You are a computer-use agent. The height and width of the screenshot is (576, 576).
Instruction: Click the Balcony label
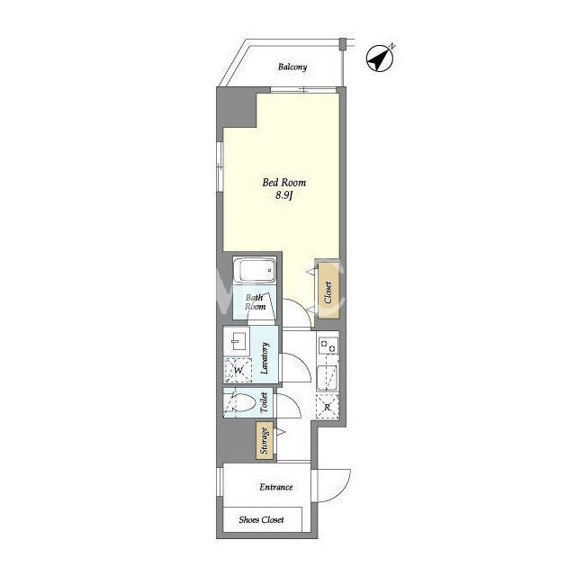point(292,67)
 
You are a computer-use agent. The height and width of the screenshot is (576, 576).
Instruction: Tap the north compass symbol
point(380,58)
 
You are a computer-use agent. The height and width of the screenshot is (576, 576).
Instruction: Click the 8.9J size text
point(284,195)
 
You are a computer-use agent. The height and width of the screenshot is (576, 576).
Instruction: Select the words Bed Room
point(284,183)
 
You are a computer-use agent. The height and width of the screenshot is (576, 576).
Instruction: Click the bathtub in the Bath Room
point(255,270)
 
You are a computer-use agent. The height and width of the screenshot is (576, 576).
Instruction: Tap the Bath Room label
point(255,302)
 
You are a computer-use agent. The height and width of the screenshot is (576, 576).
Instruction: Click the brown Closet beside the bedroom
point(328,290)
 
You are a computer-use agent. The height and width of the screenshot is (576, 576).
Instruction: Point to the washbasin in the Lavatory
point(236,341)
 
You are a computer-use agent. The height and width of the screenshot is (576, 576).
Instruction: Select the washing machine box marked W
point(238,370)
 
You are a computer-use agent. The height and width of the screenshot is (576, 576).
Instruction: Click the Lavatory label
point(265,357)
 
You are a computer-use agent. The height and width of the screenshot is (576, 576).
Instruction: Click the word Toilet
point(264,402)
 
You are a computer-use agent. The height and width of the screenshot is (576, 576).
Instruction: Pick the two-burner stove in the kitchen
point(328,346)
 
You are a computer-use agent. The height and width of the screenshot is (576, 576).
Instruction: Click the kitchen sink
point(328,378)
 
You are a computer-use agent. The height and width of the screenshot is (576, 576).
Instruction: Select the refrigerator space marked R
point(328,406)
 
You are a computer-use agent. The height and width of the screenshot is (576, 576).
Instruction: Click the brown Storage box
point(265,440)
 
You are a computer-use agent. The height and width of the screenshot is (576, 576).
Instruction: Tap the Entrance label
point(276,487)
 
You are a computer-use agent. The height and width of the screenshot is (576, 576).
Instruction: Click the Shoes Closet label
point(261,520)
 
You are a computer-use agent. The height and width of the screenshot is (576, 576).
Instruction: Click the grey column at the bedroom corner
point(237,107)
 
